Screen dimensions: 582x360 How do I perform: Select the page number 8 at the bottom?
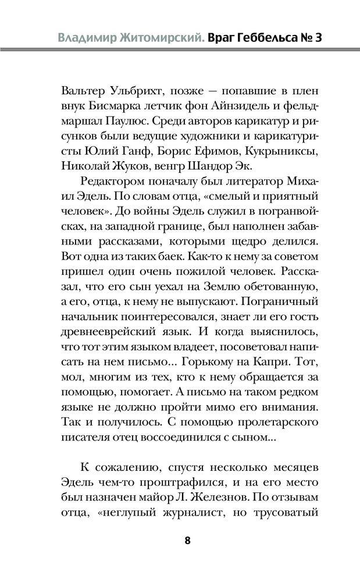[187, 540]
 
